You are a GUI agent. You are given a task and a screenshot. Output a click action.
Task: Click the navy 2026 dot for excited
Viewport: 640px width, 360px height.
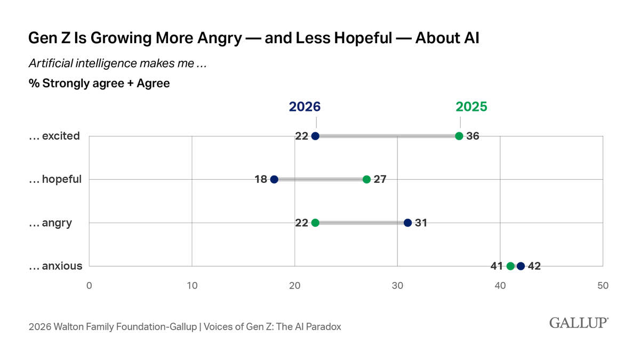pos(315,136)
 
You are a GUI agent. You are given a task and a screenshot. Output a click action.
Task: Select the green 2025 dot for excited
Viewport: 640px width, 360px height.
pos(459,136)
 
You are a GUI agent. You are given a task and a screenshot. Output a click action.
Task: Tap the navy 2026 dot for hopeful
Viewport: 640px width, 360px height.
pos(274,179)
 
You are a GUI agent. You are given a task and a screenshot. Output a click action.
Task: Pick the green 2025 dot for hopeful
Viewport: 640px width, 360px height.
pos(366,179)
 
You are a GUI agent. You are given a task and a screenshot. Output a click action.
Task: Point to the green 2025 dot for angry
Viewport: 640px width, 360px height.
pos(315,223)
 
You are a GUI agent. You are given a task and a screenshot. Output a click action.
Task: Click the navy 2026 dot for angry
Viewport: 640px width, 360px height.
pos(407,223)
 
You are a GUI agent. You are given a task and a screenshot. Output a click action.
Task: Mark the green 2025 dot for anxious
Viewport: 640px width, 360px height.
pos(510,266)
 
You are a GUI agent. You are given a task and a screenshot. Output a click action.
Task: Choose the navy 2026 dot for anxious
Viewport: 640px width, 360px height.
pos(521,266)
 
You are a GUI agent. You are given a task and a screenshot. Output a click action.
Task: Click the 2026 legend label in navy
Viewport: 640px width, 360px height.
pos(305,107)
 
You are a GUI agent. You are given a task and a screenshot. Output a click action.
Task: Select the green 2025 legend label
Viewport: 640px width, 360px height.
pos(471,107)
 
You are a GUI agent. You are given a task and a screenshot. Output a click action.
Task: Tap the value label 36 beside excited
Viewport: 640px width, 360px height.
pos(473,136)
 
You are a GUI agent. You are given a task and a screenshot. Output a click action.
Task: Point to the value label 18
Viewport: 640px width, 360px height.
pos(261,179)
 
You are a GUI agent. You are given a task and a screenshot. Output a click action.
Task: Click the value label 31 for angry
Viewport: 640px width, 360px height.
pos(421,223)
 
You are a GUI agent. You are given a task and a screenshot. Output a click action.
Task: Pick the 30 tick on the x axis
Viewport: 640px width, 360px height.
pos(397,286)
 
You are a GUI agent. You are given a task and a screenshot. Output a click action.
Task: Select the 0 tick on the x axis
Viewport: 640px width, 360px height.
pos(89,286)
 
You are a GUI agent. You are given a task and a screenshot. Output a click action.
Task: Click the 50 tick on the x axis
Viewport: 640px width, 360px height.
pos(603,286)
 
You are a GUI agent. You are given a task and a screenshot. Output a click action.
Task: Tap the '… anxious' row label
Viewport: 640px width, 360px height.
pos(55,266)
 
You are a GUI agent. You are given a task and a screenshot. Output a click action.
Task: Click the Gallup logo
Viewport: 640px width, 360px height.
pos(578,323)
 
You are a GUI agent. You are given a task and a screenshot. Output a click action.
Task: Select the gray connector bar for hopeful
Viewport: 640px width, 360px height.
pos(320,179)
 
